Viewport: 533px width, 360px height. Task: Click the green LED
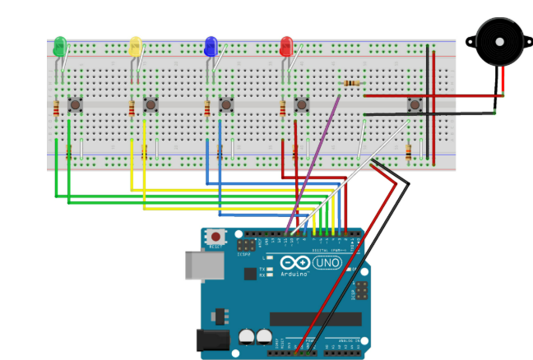(x=59, y=47)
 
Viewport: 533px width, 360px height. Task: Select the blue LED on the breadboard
(x=211, y=46)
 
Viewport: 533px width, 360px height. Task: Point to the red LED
(x=287, y=46)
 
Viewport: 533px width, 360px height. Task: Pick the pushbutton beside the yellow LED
(x=151, y=105)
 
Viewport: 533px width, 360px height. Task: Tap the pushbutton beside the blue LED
(x=226, y=105)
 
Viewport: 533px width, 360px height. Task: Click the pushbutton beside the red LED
(x=302, y=105)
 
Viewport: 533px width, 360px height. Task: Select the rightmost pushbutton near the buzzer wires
(x=415, y=104)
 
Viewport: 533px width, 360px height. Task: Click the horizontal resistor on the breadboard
(x=352, y=84)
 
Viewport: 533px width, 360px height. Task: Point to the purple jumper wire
(x=313, y=164)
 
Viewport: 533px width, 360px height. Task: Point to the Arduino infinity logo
(x=294, y=264)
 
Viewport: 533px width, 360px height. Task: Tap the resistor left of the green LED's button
(x=56, y=108)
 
